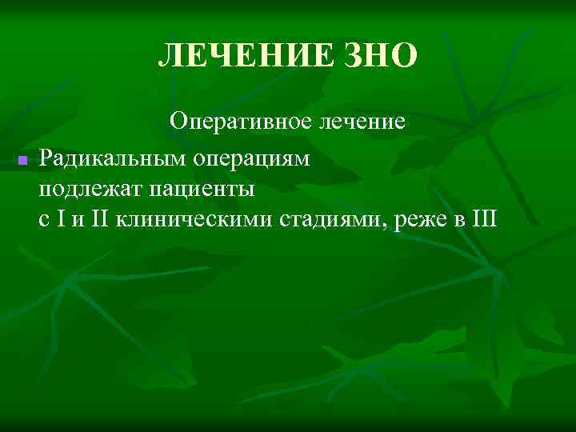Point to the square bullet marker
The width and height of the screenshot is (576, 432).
pyautogui.click(x=22, y=161)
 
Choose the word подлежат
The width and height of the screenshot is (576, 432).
pyautogui.click(x=81, y=190)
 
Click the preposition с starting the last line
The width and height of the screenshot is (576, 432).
pyautogui.click(x=43, y=221)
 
